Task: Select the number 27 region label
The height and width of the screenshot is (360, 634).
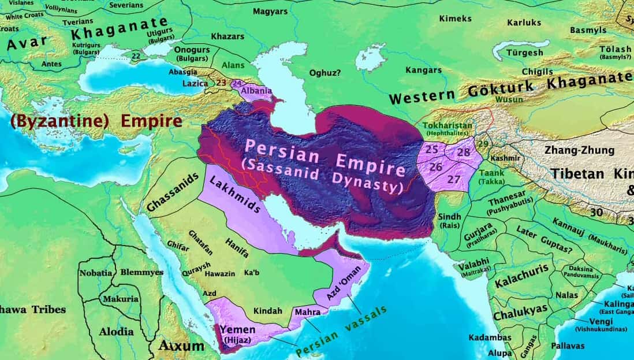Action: pyautogui.click(x=454, y=179)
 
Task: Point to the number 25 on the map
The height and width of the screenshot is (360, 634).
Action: pyautogui.click(x=432, y=150)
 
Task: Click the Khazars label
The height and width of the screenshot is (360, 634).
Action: pyautogui.click(x=228, y=36)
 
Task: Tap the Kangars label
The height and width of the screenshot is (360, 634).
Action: pyautogui.click(x=423, y=70)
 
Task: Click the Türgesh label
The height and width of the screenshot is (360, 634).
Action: pyautogui.click(x=524, y=53)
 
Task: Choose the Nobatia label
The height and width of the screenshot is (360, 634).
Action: pyautogui.click(x=96, y=272)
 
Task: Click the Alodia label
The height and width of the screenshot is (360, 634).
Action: pyautogui.click(x=116, y=332)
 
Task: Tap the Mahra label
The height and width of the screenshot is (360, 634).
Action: pyautogui.click(x=307, y=312)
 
